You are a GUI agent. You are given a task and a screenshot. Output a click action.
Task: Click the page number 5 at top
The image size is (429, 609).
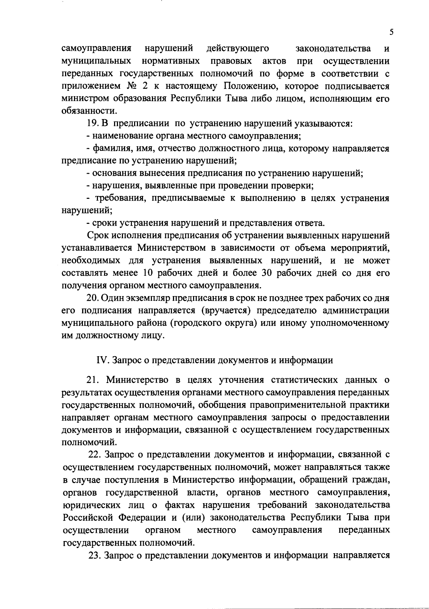point(391,32)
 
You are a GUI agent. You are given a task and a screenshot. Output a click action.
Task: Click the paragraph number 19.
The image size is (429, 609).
point(93,124)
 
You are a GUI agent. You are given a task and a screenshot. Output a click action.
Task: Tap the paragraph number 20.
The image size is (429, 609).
point(93,298)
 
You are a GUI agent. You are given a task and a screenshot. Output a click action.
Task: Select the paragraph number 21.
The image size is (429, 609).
point(94,379)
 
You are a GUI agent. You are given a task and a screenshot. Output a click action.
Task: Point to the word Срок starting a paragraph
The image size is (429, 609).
point(98,236)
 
